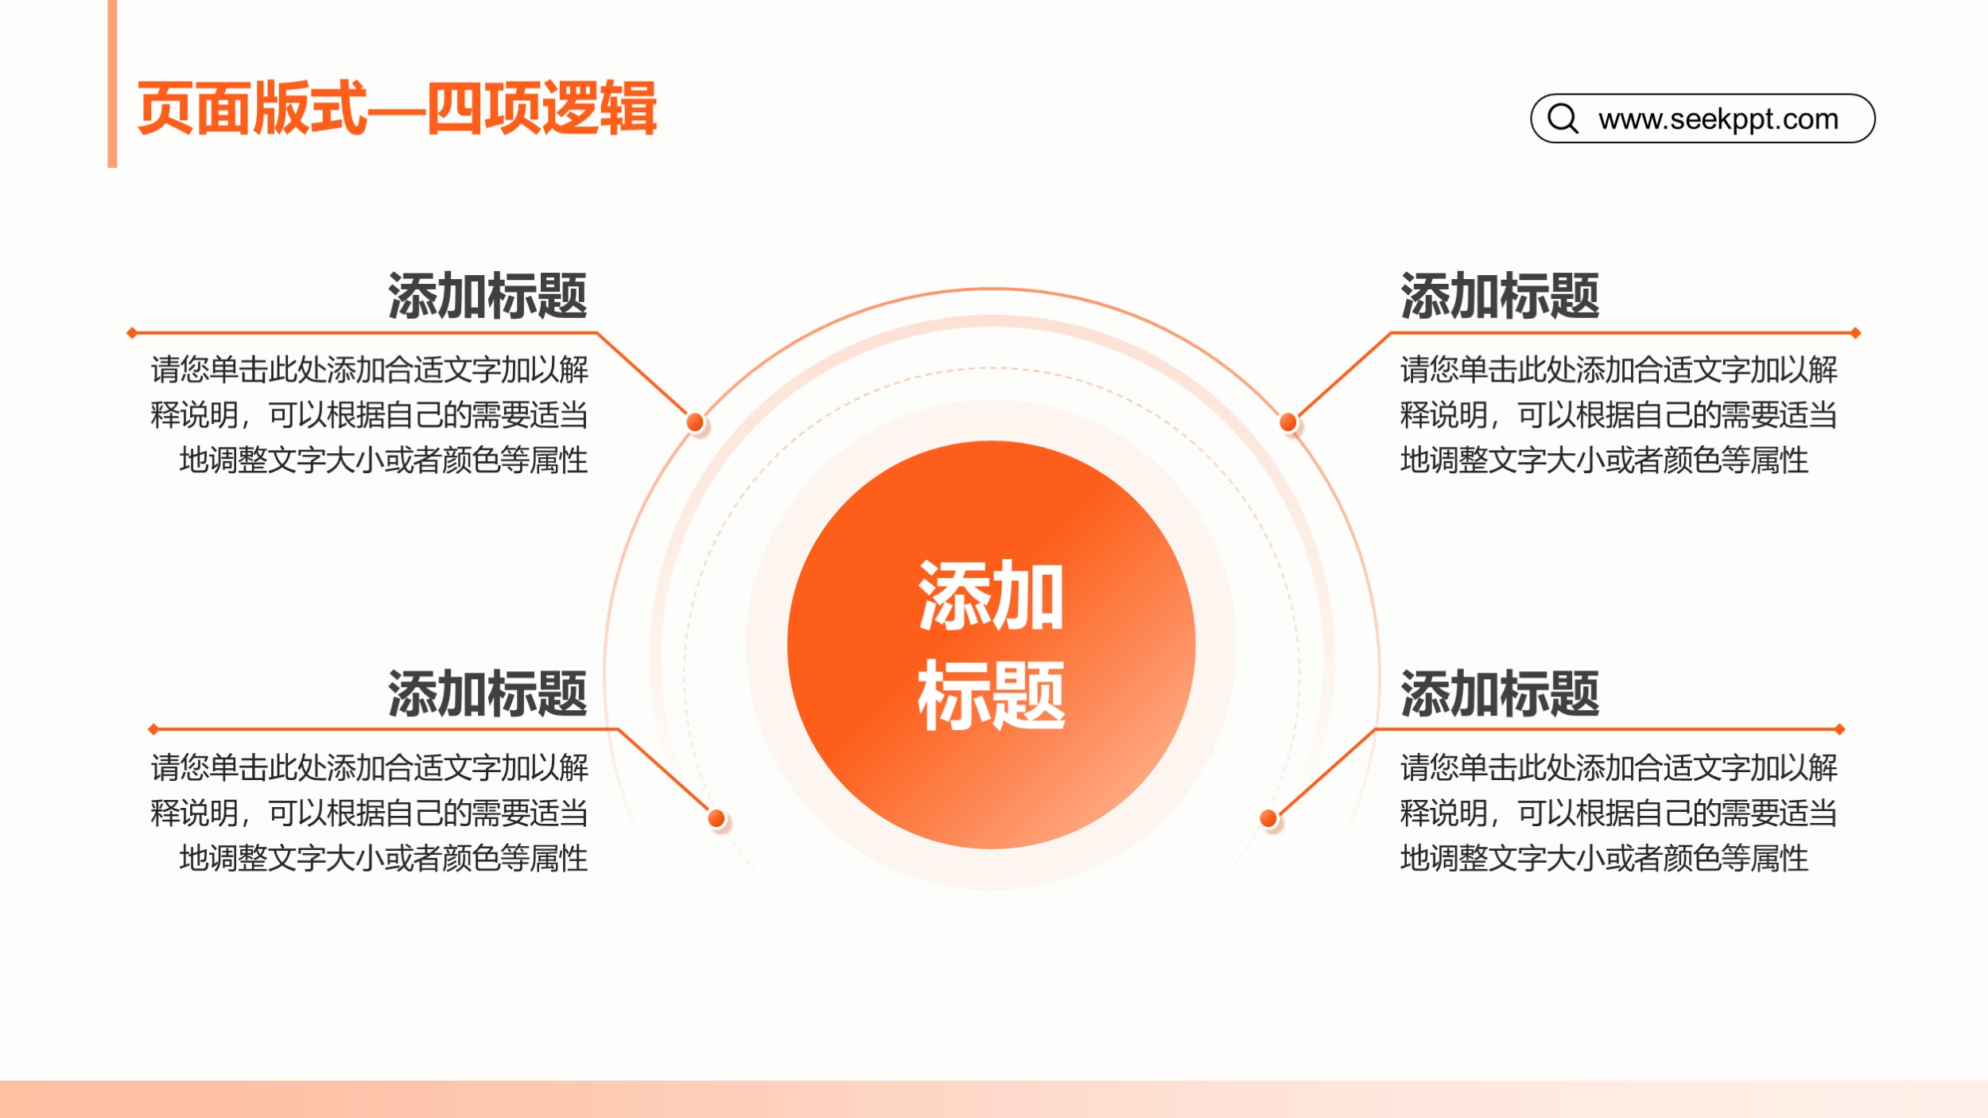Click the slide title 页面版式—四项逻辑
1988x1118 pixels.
click(397, 108)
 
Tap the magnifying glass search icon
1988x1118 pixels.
click(1563, 118)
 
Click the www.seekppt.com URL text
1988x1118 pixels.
click(1718, 119)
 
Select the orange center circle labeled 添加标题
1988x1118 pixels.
click(991, 645)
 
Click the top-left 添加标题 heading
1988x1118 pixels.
click(487, 296)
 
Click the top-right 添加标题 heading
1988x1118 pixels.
click(1500, 296)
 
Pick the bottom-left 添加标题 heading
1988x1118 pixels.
click(487, 693)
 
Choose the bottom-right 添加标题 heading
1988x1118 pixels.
click(1500, 693)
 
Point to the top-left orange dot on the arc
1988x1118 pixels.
click(695, 422)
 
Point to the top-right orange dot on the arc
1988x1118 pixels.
click(1288, 422)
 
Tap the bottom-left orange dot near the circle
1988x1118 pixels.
click(716, 818)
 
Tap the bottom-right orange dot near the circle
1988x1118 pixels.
click(1268, 818)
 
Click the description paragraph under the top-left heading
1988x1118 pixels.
click(369, 415)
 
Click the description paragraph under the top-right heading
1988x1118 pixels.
click(1619, 415)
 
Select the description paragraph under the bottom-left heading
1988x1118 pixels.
click(369, 813)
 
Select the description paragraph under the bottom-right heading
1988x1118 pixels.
click(1619, 813)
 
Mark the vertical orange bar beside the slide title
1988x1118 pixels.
click(112, 83)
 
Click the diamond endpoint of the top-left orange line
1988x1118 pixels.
click(132, 333)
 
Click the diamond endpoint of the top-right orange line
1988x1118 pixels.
click(1855, 333)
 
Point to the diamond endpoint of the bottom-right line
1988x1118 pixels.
click(1839, 729)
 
